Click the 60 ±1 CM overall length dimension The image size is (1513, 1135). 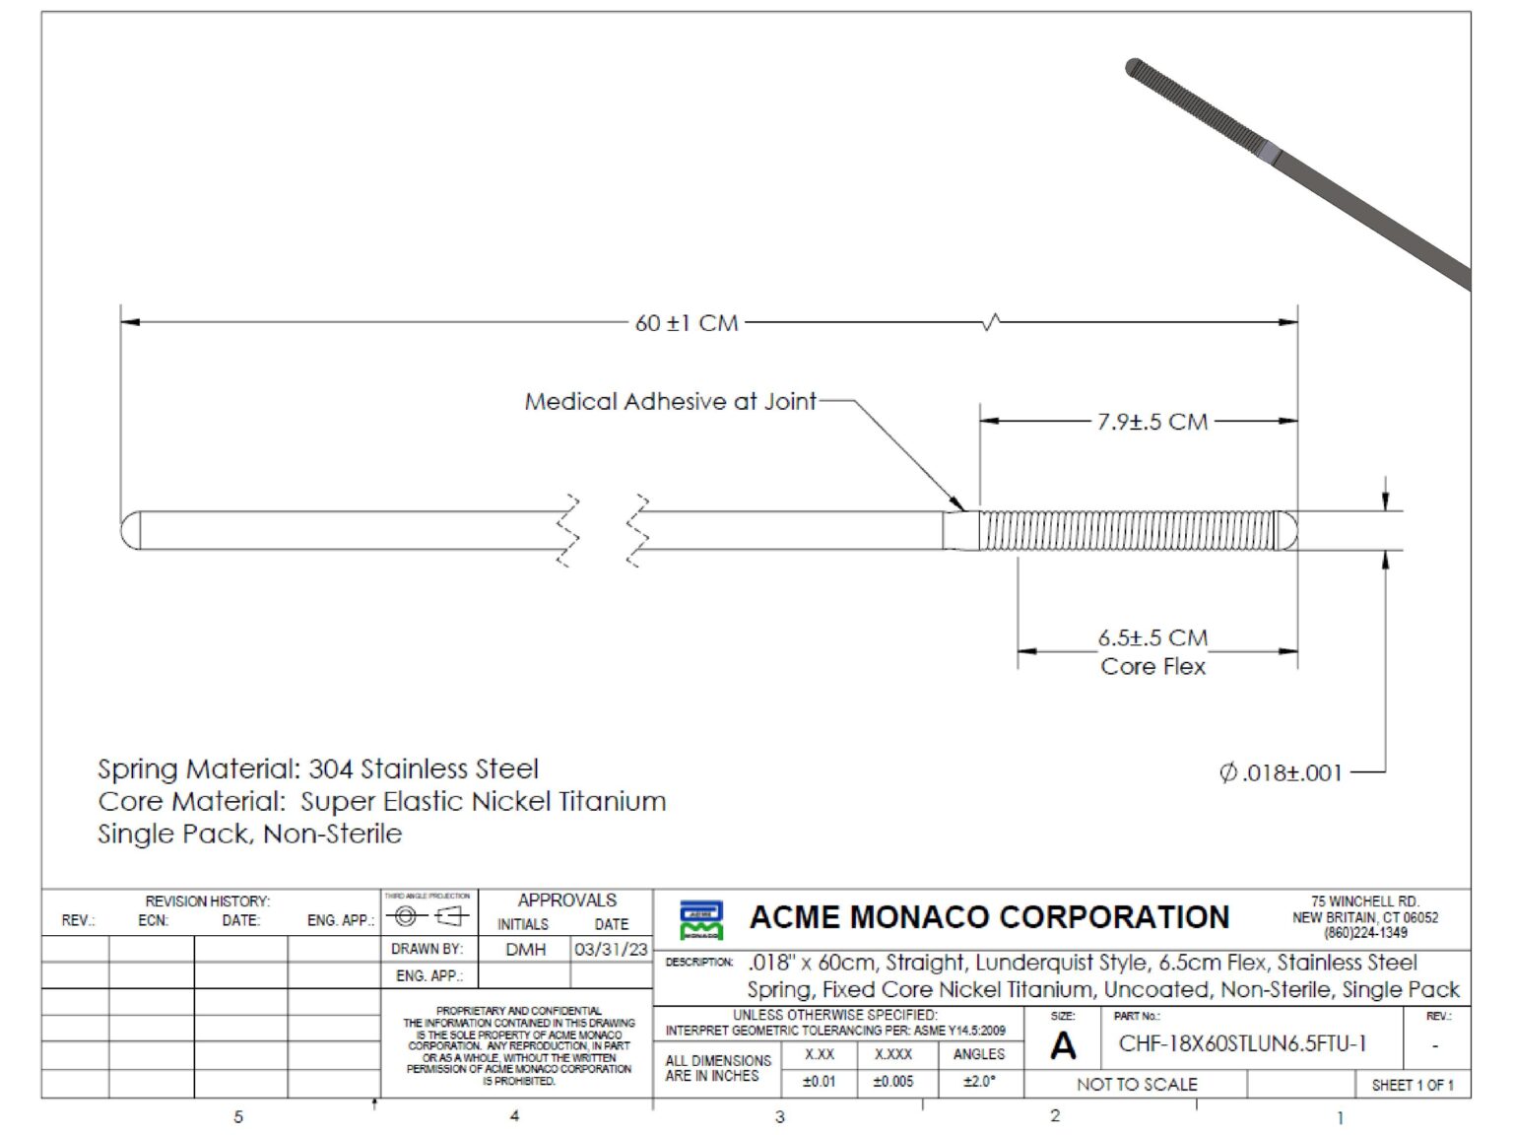[x=687, y=323]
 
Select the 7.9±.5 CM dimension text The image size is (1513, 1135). [x=1151, y=422]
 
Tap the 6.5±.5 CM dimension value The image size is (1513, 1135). [x=1152, y=637]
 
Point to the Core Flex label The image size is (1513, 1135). [x=1152, y=667]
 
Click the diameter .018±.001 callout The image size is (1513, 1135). [x=1281, y=773]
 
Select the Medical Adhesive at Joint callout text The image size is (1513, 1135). [x=670, y=402]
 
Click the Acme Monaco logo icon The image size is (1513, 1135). [x=700, y=919]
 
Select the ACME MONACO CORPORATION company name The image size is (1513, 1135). [x=989, y=917]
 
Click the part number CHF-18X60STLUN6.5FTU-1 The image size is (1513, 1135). [x=1242, y=1044]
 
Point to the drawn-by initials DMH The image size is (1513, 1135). [x=525, y=949]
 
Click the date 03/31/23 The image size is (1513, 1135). [x=611, y=949]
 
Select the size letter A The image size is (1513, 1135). [x=1063, y=1045]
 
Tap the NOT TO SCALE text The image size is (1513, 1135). [x=1137, y=1085]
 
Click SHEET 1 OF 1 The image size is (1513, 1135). [x=1412, y=1085]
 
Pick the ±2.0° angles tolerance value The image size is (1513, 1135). [x=978, y=1081]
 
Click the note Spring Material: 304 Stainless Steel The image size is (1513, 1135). [x=318, y=768]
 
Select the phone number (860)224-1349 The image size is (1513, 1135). [x=1365, y=932]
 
